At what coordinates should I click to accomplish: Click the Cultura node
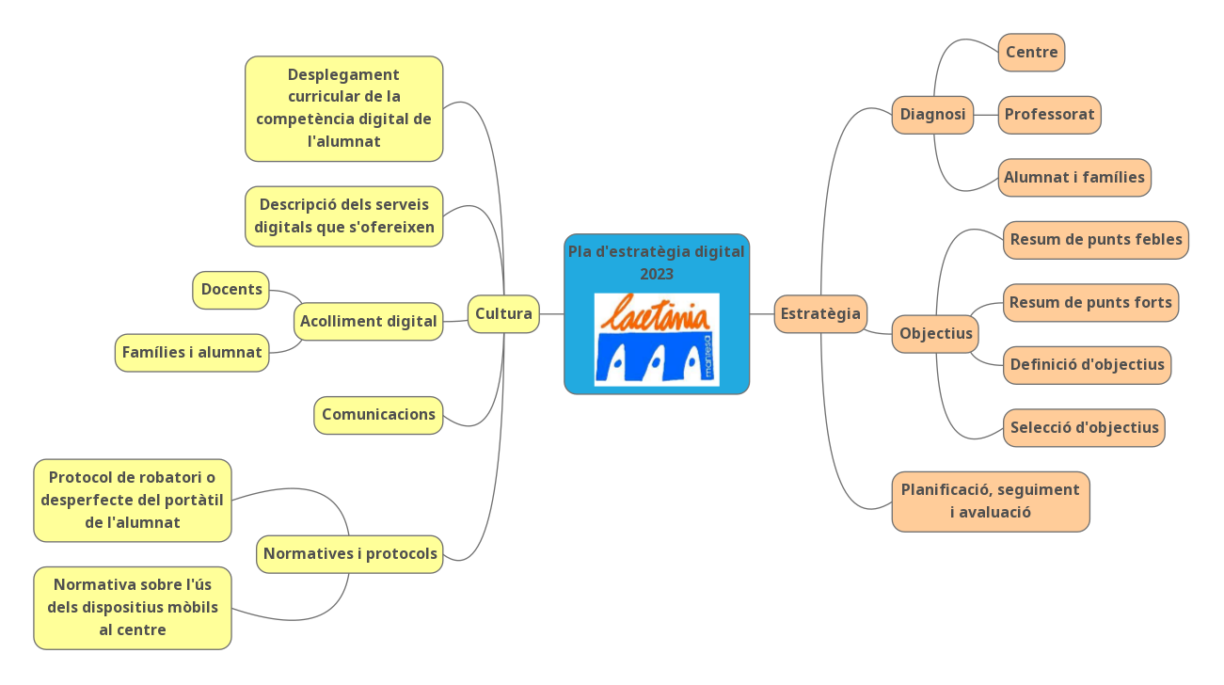503,314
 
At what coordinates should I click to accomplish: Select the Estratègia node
820,314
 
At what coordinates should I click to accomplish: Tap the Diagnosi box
932,115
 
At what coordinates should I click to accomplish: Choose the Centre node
1031,53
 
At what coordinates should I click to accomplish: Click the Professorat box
1049,115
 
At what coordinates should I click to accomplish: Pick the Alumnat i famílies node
1074,178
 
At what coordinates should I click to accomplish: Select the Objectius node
935,334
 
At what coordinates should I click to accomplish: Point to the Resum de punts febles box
1096,240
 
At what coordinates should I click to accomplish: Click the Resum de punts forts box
1090,303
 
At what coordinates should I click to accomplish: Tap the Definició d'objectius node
1087,365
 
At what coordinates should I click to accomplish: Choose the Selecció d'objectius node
1084,428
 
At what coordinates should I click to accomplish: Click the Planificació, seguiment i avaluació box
991,502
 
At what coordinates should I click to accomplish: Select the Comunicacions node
378,415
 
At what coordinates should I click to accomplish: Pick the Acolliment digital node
368,322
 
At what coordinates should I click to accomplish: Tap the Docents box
231,290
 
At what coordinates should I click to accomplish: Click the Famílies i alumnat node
192,353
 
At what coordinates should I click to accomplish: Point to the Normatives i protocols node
350,554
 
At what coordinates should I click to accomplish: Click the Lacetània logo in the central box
657,340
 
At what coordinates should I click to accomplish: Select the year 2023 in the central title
657,275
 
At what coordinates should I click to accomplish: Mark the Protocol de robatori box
133,501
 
